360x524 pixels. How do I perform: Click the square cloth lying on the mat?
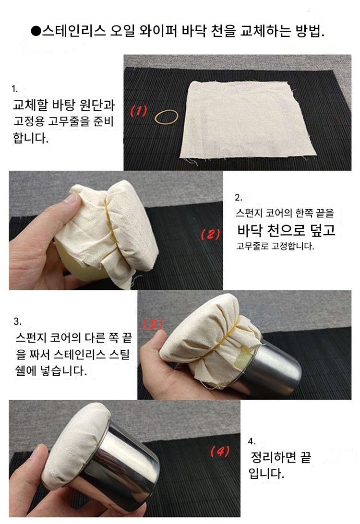point(247,120)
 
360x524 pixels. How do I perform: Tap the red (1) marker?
point(139,111)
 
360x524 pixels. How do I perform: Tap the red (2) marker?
point(211,234)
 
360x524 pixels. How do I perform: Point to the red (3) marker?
point(153,324)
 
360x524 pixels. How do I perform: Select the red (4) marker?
point(220,451)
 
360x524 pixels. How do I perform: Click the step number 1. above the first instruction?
point(15,89)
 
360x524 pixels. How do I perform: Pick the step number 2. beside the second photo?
point(239,198)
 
